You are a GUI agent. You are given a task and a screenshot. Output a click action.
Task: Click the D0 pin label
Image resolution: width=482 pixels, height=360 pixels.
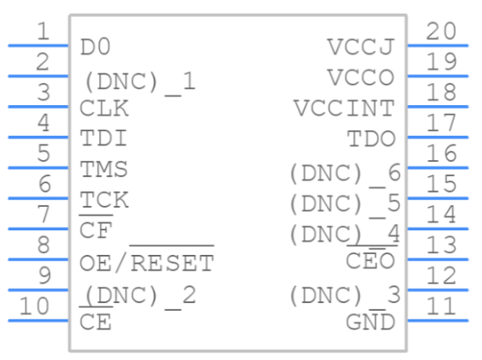coord(95,47)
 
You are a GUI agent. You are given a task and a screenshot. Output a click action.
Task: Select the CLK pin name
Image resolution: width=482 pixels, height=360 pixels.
coord(104,108)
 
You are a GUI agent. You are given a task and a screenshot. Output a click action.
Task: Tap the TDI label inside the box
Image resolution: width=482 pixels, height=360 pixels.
coord(103,138)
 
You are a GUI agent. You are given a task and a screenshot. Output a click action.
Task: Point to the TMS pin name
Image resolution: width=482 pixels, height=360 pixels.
coord(103,169)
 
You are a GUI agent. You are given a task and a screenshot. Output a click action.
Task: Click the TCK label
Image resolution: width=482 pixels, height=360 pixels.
coord(104,200)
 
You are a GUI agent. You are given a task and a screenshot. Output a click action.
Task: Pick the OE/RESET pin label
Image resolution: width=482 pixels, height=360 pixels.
coord(146,260)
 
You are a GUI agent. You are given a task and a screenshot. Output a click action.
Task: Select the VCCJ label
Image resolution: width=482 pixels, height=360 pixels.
coord(361,47)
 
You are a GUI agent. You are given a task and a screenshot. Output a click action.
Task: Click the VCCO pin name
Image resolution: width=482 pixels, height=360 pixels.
coord(361,77)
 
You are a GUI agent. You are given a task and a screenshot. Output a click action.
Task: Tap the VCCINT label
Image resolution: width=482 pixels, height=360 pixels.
coord(344,108)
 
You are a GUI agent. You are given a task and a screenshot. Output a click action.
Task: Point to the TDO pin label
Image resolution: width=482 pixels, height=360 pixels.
coord(372,138)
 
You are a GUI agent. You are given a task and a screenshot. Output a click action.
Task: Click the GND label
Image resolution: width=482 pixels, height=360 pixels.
coord(371,322)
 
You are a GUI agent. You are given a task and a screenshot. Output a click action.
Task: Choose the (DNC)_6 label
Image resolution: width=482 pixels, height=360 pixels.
coord(345,174)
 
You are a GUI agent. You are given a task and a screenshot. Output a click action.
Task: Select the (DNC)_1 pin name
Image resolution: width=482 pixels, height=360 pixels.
coord(140,83)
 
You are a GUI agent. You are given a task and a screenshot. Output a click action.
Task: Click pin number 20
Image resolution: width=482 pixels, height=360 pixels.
coord(441,32)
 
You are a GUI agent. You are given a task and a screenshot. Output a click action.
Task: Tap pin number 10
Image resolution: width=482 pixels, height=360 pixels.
coord(34,307)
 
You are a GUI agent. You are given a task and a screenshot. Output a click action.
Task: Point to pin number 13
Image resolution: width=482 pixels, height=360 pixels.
coord(441,245)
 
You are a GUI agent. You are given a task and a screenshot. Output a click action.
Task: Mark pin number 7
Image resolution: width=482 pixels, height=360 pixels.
coord(43,214)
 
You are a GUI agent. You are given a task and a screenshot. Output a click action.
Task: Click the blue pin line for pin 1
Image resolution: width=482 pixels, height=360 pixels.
coord(38,46)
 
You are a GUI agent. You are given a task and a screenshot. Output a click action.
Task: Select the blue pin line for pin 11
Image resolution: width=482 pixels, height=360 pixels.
coord(437,321)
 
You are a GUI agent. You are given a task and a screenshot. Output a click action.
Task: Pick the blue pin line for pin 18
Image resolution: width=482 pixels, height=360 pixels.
coord(437,107)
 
